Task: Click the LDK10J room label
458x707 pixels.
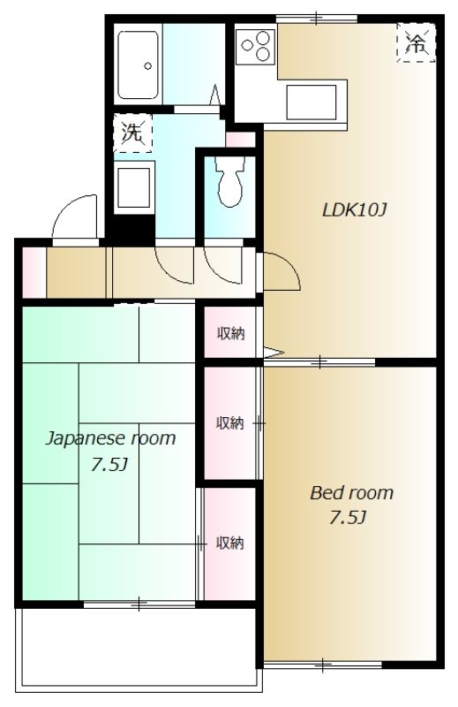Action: (x=355, y=209)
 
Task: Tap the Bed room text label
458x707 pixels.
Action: (x=352, y=492)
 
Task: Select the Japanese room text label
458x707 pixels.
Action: (x=110, y=438)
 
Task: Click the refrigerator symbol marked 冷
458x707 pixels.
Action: (x=417, y=42)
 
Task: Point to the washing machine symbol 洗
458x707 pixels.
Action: (x=132, y=133)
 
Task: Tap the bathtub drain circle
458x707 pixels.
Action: (x=147, y=65)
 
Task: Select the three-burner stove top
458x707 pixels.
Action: (x=255, y=47)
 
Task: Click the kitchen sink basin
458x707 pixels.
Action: (x=312, y=102)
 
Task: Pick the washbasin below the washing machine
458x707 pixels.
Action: (x=134, y=187)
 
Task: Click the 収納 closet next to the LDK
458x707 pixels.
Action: (x=231, y=334)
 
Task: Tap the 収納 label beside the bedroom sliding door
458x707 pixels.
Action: (x=229, y=423)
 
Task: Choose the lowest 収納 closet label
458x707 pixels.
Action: (x=230, y=543)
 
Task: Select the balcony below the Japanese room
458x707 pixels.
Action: (x=139, y=650)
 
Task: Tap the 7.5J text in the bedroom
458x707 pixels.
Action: (x=348, y=518)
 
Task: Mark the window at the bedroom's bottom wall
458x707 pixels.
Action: (x=323, y=665)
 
